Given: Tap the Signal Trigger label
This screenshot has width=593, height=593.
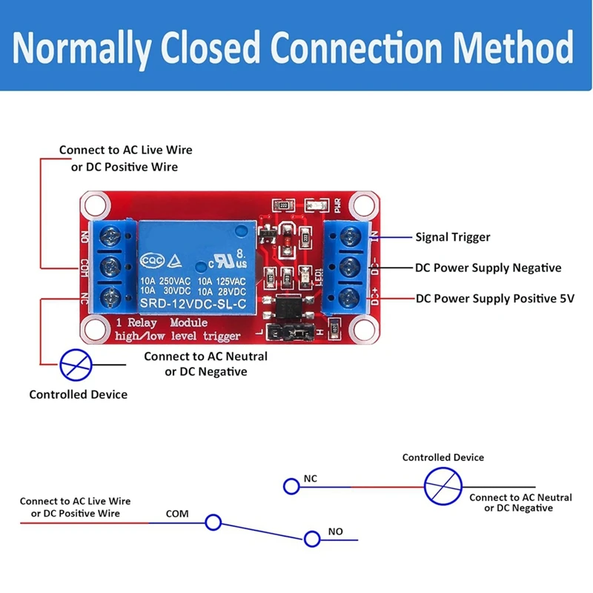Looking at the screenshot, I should click(451, 237).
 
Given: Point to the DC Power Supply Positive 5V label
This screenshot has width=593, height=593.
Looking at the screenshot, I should click(495, 299).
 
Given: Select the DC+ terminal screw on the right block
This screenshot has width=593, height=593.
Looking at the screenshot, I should click(351, 299).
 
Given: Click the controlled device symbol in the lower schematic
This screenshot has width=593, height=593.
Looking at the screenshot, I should click(443, 487).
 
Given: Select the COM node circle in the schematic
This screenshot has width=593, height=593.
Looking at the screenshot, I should click(213, 523).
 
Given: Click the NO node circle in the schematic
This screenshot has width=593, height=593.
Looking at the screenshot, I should click(311, 539).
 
